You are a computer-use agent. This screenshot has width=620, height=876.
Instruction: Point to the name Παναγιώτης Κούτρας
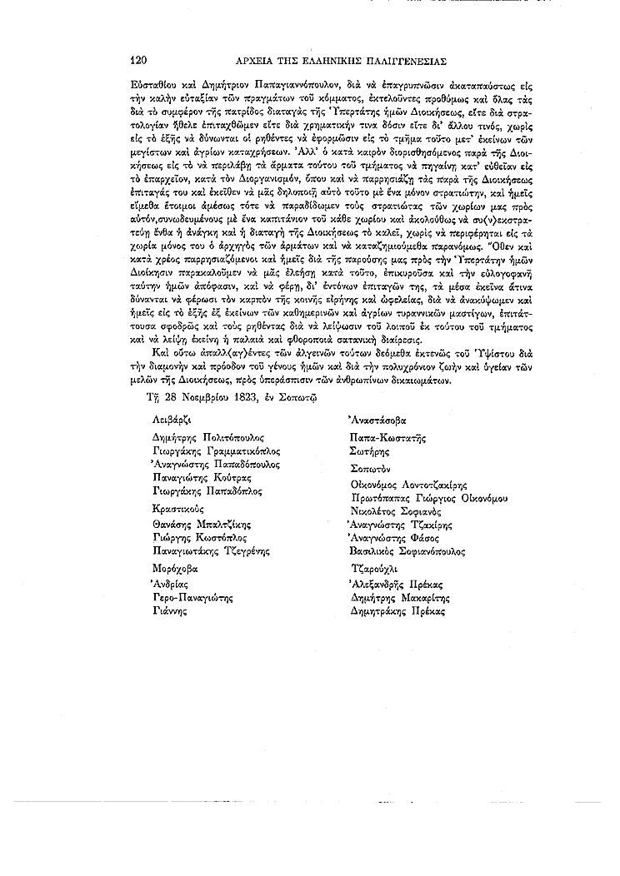coord(202,478)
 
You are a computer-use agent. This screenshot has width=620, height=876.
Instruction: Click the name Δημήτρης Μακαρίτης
coord(399,598)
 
